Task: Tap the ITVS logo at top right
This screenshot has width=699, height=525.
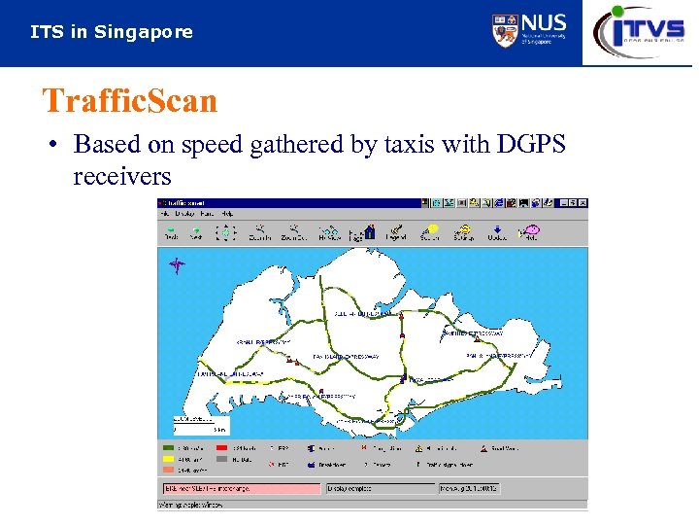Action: click(x=640, y=30)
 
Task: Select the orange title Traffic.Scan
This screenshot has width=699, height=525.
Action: click(x=130, y=100)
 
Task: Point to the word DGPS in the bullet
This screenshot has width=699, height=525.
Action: click(x=530, y=145)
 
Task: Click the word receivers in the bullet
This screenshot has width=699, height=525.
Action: click(x=122, y=177)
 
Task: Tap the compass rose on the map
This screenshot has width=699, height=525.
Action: click(x=176, y=264)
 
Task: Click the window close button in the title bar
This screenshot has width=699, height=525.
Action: click(x=582, y=203)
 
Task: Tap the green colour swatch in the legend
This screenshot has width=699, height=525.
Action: click(x=170, y=449)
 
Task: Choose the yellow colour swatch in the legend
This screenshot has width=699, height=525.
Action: click(x=170, y=458)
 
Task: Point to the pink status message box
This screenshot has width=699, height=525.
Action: click(x=242, y=488)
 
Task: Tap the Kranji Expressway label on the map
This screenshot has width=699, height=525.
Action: click(x=263, y=342)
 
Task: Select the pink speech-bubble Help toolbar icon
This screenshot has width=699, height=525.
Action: click(x=530, y=230)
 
